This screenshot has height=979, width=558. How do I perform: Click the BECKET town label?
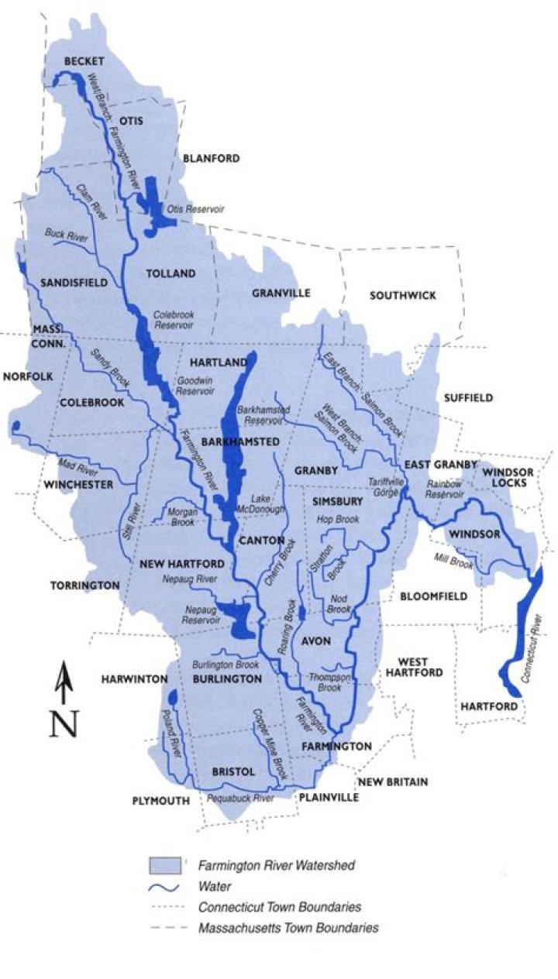pyautogui.click(x=84, y=61)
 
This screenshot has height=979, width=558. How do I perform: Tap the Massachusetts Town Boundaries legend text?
pyautogui.click(x=288, y=927)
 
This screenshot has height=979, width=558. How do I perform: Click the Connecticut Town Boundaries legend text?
pyautogui.click(x=280, y=906)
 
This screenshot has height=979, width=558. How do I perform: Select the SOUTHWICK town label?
pyautogui.click(x=403, y=295)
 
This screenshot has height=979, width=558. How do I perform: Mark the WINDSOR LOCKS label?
pyautogui.click(x=506, y=477)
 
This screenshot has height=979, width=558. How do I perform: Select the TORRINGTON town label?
pyautogui.click(x=85, y=585)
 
